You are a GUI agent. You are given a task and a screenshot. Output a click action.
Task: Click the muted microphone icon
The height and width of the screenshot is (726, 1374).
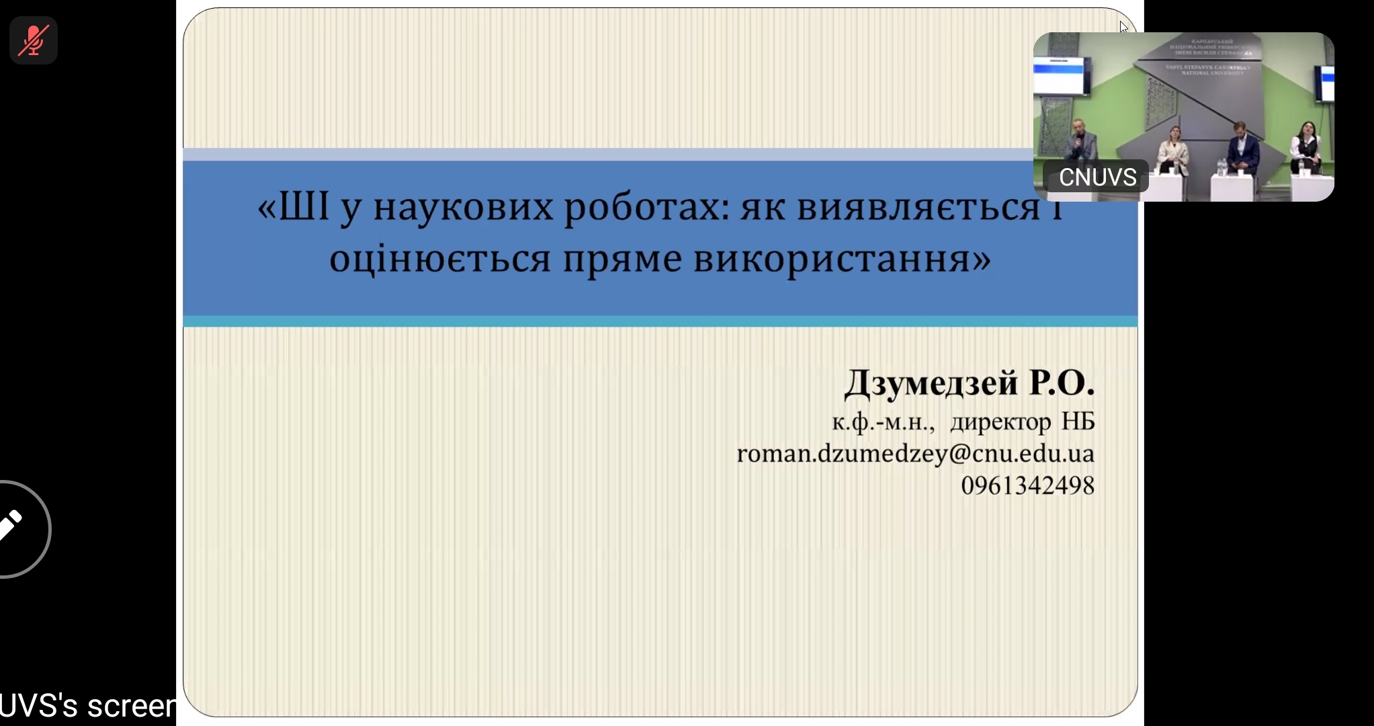(x=33, y=40)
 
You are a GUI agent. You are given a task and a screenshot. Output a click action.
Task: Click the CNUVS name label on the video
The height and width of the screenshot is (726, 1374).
(x=1097, y=177)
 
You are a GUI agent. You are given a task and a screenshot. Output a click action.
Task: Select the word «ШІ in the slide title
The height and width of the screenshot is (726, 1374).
(x=293, y=206)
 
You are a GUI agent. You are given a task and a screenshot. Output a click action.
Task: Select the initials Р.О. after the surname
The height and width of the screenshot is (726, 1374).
(x=1062, y=382)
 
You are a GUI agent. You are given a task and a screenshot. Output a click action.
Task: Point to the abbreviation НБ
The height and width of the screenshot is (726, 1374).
(x=1078, y=421)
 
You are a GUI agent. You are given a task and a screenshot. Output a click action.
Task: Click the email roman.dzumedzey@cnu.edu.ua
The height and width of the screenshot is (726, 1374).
(x=915, y=454)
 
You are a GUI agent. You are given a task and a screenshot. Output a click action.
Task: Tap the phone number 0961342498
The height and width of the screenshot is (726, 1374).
(x=1027, y=485)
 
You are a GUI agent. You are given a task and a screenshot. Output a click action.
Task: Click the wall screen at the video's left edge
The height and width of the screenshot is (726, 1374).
(x=1060, y=75)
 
